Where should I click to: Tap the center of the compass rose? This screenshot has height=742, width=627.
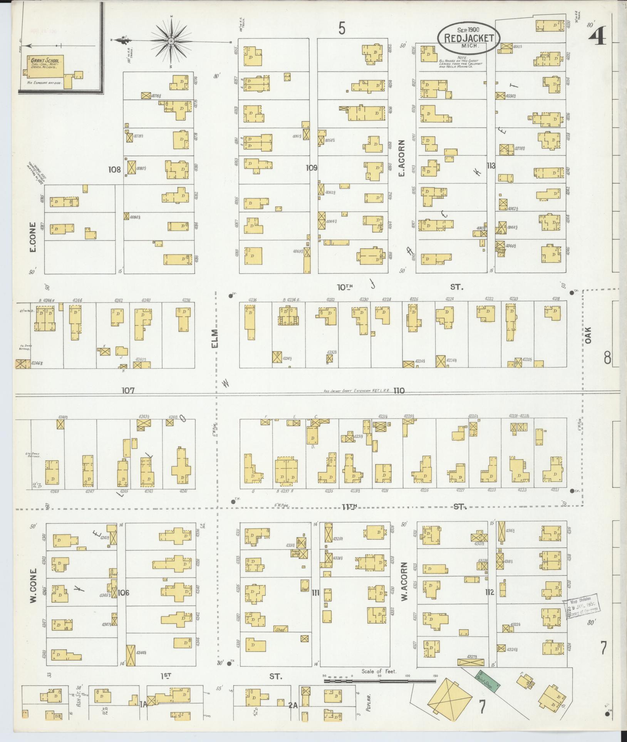171,41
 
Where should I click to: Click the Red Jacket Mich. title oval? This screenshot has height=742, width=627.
468,38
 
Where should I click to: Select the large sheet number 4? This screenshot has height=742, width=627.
598,34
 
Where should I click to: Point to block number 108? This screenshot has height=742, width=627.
114,169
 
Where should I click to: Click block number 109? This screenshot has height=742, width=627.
311,168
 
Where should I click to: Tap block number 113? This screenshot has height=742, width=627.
491,166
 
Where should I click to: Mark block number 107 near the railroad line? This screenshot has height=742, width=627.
128,390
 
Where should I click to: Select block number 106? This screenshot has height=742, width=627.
123,592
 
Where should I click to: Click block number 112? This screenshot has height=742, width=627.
490,592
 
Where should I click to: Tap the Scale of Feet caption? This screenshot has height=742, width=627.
379,671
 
